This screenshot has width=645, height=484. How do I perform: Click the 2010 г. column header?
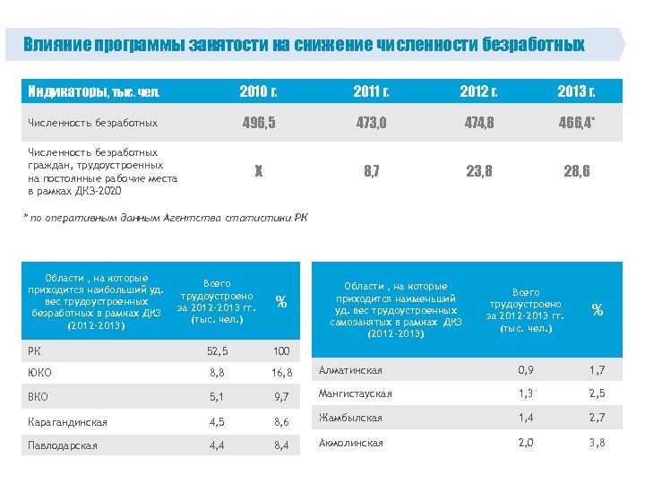[x=258, y=91]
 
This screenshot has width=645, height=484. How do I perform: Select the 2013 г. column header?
[x=576, y=91]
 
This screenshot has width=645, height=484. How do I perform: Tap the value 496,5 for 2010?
[x=258, y=122]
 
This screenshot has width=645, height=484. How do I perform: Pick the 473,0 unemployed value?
[x=370, y=122]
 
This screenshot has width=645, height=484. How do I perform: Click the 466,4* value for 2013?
[x=577, y=122]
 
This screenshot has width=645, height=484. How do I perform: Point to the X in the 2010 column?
[x=258, y=171]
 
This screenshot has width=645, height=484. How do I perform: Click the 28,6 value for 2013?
[x=576, y=171]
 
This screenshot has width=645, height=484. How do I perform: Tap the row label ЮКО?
[x=40, y=373]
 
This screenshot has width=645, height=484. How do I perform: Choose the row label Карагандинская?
[x=68, y=421]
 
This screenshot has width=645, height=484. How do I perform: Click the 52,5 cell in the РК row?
[x=218, y=350]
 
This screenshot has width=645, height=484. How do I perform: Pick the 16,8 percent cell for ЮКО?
[x=283, y=373]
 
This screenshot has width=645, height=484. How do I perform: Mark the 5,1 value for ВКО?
[x=217, y=397]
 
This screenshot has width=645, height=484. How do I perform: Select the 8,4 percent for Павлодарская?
[x=283, y=445]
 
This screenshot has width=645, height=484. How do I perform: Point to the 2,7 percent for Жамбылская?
[x=597, y=418]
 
